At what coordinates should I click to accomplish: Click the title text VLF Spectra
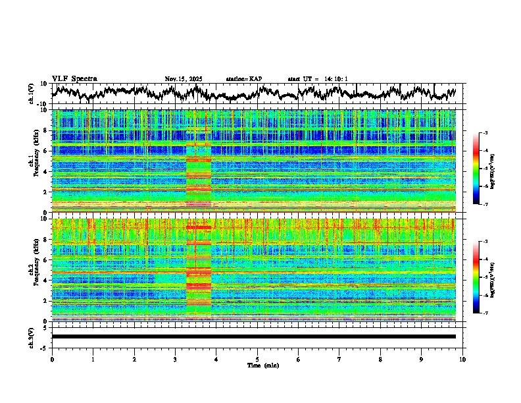click(74, 78)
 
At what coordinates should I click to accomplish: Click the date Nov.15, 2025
click(184, 79)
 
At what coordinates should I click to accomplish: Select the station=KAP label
click(243, 79)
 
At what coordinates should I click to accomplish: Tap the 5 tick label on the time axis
click(257, 359)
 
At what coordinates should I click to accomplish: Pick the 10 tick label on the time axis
click(462, 359)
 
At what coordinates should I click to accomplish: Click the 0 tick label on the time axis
click(52, 359)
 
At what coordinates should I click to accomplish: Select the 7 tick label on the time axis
click(339, 359)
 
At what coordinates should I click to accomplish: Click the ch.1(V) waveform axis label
click(32, 94)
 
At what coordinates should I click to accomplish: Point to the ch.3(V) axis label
click(32, 336)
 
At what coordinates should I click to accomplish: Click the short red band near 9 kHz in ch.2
click(199, 228)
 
